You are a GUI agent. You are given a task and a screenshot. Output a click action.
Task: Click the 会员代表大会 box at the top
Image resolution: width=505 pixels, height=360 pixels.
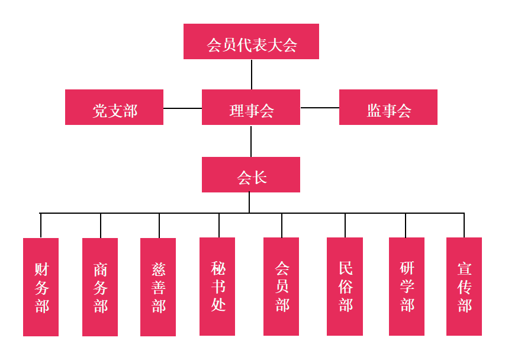coord(251,41)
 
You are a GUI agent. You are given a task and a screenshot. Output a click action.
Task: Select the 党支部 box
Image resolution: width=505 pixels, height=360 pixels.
coord(114,107)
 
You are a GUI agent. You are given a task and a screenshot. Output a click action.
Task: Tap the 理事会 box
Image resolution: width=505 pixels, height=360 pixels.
coord(251,107)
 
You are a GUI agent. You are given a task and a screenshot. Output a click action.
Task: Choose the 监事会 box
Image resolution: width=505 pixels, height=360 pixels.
coord(388,107)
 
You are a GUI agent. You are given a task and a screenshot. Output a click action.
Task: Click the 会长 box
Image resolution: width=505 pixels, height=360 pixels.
coord(251,175)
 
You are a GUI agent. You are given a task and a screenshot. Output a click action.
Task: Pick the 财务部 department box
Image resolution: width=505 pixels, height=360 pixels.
coord(41,287)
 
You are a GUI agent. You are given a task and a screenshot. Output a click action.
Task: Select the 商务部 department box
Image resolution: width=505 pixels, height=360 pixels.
coord(100,287)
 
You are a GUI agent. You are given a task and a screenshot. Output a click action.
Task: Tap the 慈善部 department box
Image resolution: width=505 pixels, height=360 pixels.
coord(158,287)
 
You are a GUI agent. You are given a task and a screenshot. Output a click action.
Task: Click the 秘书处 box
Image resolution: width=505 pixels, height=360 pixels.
coord(217,287)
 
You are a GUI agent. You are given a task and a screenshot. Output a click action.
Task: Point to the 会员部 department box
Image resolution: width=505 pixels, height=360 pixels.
coord(281,287)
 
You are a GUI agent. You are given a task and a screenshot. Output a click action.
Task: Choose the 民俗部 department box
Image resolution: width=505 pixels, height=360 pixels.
coord(345,287)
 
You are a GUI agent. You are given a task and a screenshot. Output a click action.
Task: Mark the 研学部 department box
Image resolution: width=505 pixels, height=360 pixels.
coord(407,287)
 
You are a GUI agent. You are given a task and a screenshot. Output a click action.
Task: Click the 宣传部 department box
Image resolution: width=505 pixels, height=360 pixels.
coord(464,287)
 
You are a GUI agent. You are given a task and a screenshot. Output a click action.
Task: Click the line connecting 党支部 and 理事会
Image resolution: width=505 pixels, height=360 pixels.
coord(182,108)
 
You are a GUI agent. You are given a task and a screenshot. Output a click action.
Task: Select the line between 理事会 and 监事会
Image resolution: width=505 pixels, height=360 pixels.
coord(320,108)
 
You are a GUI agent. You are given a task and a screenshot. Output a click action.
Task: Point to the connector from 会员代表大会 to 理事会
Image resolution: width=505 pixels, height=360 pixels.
coord(252,74)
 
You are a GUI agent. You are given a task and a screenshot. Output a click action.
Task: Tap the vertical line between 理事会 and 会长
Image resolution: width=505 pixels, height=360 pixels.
coord(251,141)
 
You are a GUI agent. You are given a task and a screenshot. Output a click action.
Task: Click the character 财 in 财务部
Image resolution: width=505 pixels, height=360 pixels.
coord(41,269)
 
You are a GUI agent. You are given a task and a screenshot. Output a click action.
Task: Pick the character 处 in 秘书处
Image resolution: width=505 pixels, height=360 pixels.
coord(218,305)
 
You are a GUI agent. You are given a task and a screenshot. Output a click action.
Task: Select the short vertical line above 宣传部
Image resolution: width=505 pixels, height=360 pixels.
coord(464,225)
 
